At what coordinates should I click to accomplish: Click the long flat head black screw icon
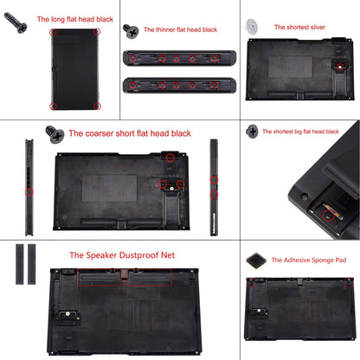pos(16,24)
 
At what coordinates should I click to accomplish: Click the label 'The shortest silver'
pos(303,27)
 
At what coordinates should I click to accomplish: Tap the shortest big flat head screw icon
pos(252,132)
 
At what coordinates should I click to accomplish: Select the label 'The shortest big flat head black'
pos(302,132)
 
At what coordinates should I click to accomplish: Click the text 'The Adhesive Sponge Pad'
pos(309,260)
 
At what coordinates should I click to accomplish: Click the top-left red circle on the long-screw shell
pos(54,33)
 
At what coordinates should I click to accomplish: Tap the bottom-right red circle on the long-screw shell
pos(96,106)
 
